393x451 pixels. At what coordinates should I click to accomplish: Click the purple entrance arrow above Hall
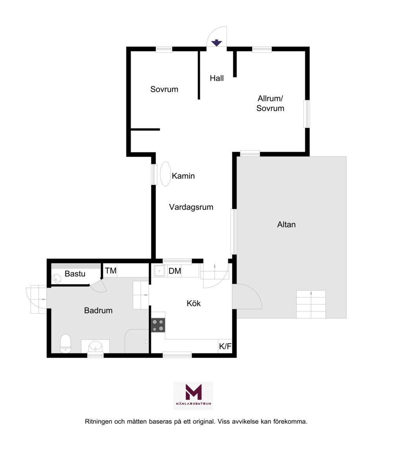click(217, 43)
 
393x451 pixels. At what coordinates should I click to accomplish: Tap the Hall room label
click(217, 78)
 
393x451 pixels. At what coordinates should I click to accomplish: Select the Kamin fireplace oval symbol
click(165, 174)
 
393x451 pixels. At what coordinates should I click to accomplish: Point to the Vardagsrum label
click(191, 207)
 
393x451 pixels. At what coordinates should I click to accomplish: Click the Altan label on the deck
click(286, 225)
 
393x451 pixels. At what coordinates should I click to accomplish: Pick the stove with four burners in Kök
click(158, 325)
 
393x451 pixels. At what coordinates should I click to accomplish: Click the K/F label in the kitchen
click(225, 346)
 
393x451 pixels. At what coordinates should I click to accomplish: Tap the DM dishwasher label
click(175, 271)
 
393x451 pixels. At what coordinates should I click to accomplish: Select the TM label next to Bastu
click(110, 271)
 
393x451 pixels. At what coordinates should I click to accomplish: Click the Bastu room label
click(75, 274)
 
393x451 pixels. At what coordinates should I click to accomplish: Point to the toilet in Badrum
click(65, 343)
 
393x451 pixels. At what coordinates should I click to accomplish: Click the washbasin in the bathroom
click(95, 346)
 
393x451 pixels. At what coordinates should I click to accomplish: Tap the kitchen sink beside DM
click(159, 271)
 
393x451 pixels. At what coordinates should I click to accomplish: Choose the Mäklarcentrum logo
click(193, 396)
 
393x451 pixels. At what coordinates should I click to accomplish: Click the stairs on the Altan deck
click(311, 304)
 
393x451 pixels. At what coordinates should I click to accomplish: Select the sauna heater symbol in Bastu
click(56, 278)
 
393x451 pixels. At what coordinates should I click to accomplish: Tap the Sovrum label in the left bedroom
click(164, 89)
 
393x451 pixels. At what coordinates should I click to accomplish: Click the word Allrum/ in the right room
click(270, 99)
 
